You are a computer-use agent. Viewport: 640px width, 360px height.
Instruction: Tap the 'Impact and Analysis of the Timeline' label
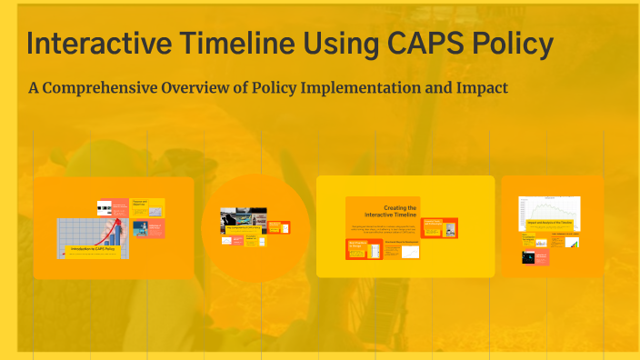549,222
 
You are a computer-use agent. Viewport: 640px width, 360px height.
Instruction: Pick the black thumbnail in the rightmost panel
528,257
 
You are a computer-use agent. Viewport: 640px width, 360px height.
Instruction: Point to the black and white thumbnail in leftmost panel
105,206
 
